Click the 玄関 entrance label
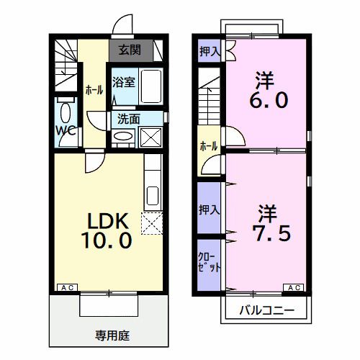click(130, 50)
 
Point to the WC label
click(67, 130)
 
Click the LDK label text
click(109, 220)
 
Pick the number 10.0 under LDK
click(109, 240)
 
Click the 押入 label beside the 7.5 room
click(209, 210)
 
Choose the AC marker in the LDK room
click(66, 288)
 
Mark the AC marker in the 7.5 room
click(294, 288)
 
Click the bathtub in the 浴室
click(151, 86)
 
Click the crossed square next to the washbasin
click(150, 137)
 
